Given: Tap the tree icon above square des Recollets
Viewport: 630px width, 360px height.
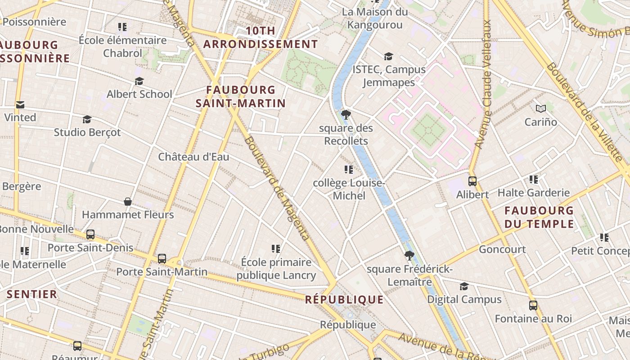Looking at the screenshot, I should click(346, 115).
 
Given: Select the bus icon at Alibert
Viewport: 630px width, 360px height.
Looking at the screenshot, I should click(472, 181).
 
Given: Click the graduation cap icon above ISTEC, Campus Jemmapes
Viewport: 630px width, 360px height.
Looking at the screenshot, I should click(388, 56).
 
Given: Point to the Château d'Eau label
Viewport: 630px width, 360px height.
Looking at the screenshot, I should click(193, 157).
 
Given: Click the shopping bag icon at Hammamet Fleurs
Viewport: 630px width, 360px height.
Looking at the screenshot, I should click(128, 201).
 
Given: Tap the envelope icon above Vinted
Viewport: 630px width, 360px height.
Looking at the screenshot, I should click(20, 105).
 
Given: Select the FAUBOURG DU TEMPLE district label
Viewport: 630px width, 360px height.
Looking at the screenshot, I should click(539, 217).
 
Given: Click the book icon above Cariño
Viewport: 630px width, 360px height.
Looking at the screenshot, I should click(541, 108).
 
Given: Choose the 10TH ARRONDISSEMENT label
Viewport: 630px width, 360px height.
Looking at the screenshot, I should click(261, 38).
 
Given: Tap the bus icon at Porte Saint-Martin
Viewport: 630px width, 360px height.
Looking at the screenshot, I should click(162, 259).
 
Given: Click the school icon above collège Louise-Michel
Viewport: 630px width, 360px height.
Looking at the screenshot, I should click(349, 170).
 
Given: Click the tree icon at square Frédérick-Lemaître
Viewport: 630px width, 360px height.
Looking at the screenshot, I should click(409, 256).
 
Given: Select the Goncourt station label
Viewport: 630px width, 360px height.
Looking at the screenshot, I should click(502, 249).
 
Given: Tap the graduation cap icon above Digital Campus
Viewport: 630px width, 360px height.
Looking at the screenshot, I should click(464, 287).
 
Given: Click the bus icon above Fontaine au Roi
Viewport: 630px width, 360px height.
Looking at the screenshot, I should click(533, 306).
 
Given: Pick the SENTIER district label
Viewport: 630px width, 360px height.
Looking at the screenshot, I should click(32, 294).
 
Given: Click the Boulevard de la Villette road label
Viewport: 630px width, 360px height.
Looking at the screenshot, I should click(585, 112).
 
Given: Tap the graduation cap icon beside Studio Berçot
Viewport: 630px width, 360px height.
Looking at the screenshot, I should click(87, 119).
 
